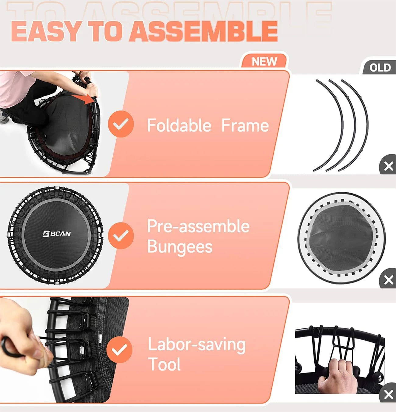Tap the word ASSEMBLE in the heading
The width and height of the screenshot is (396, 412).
tap(203, 32)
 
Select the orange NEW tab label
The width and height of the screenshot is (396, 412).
tap(264, 62)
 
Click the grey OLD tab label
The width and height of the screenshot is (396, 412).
tap(380, 67)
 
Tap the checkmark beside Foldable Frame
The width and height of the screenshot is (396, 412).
tap(121, 124)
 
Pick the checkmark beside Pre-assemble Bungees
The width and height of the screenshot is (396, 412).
tap(121, 235)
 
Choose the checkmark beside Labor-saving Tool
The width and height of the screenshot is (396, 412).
tap(119, 350)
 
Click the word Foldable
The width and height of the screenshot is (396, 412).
tap(179, 125)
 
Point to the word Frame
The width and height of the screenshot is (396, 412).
tap(245, 125)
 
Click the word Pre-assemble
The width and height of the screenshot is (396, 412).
tap(198, 226)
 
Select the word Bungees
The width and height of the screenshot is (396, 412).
tap(180, 247)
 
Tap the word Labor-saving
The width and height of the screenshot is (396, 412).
tap(197, 344)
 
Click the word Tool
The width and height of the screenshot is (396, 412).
tap(164, 364)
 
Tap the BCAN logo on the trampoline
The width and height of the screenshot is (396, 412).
tap(57, 234)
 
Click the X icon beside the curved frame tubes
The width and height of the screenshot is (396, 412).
tap(388, 166)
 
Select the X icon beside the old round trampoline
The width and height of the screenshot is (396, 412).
tap(388, 280)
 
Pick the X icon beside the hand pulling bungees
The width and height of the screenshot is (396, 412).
tap(388, 394)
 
